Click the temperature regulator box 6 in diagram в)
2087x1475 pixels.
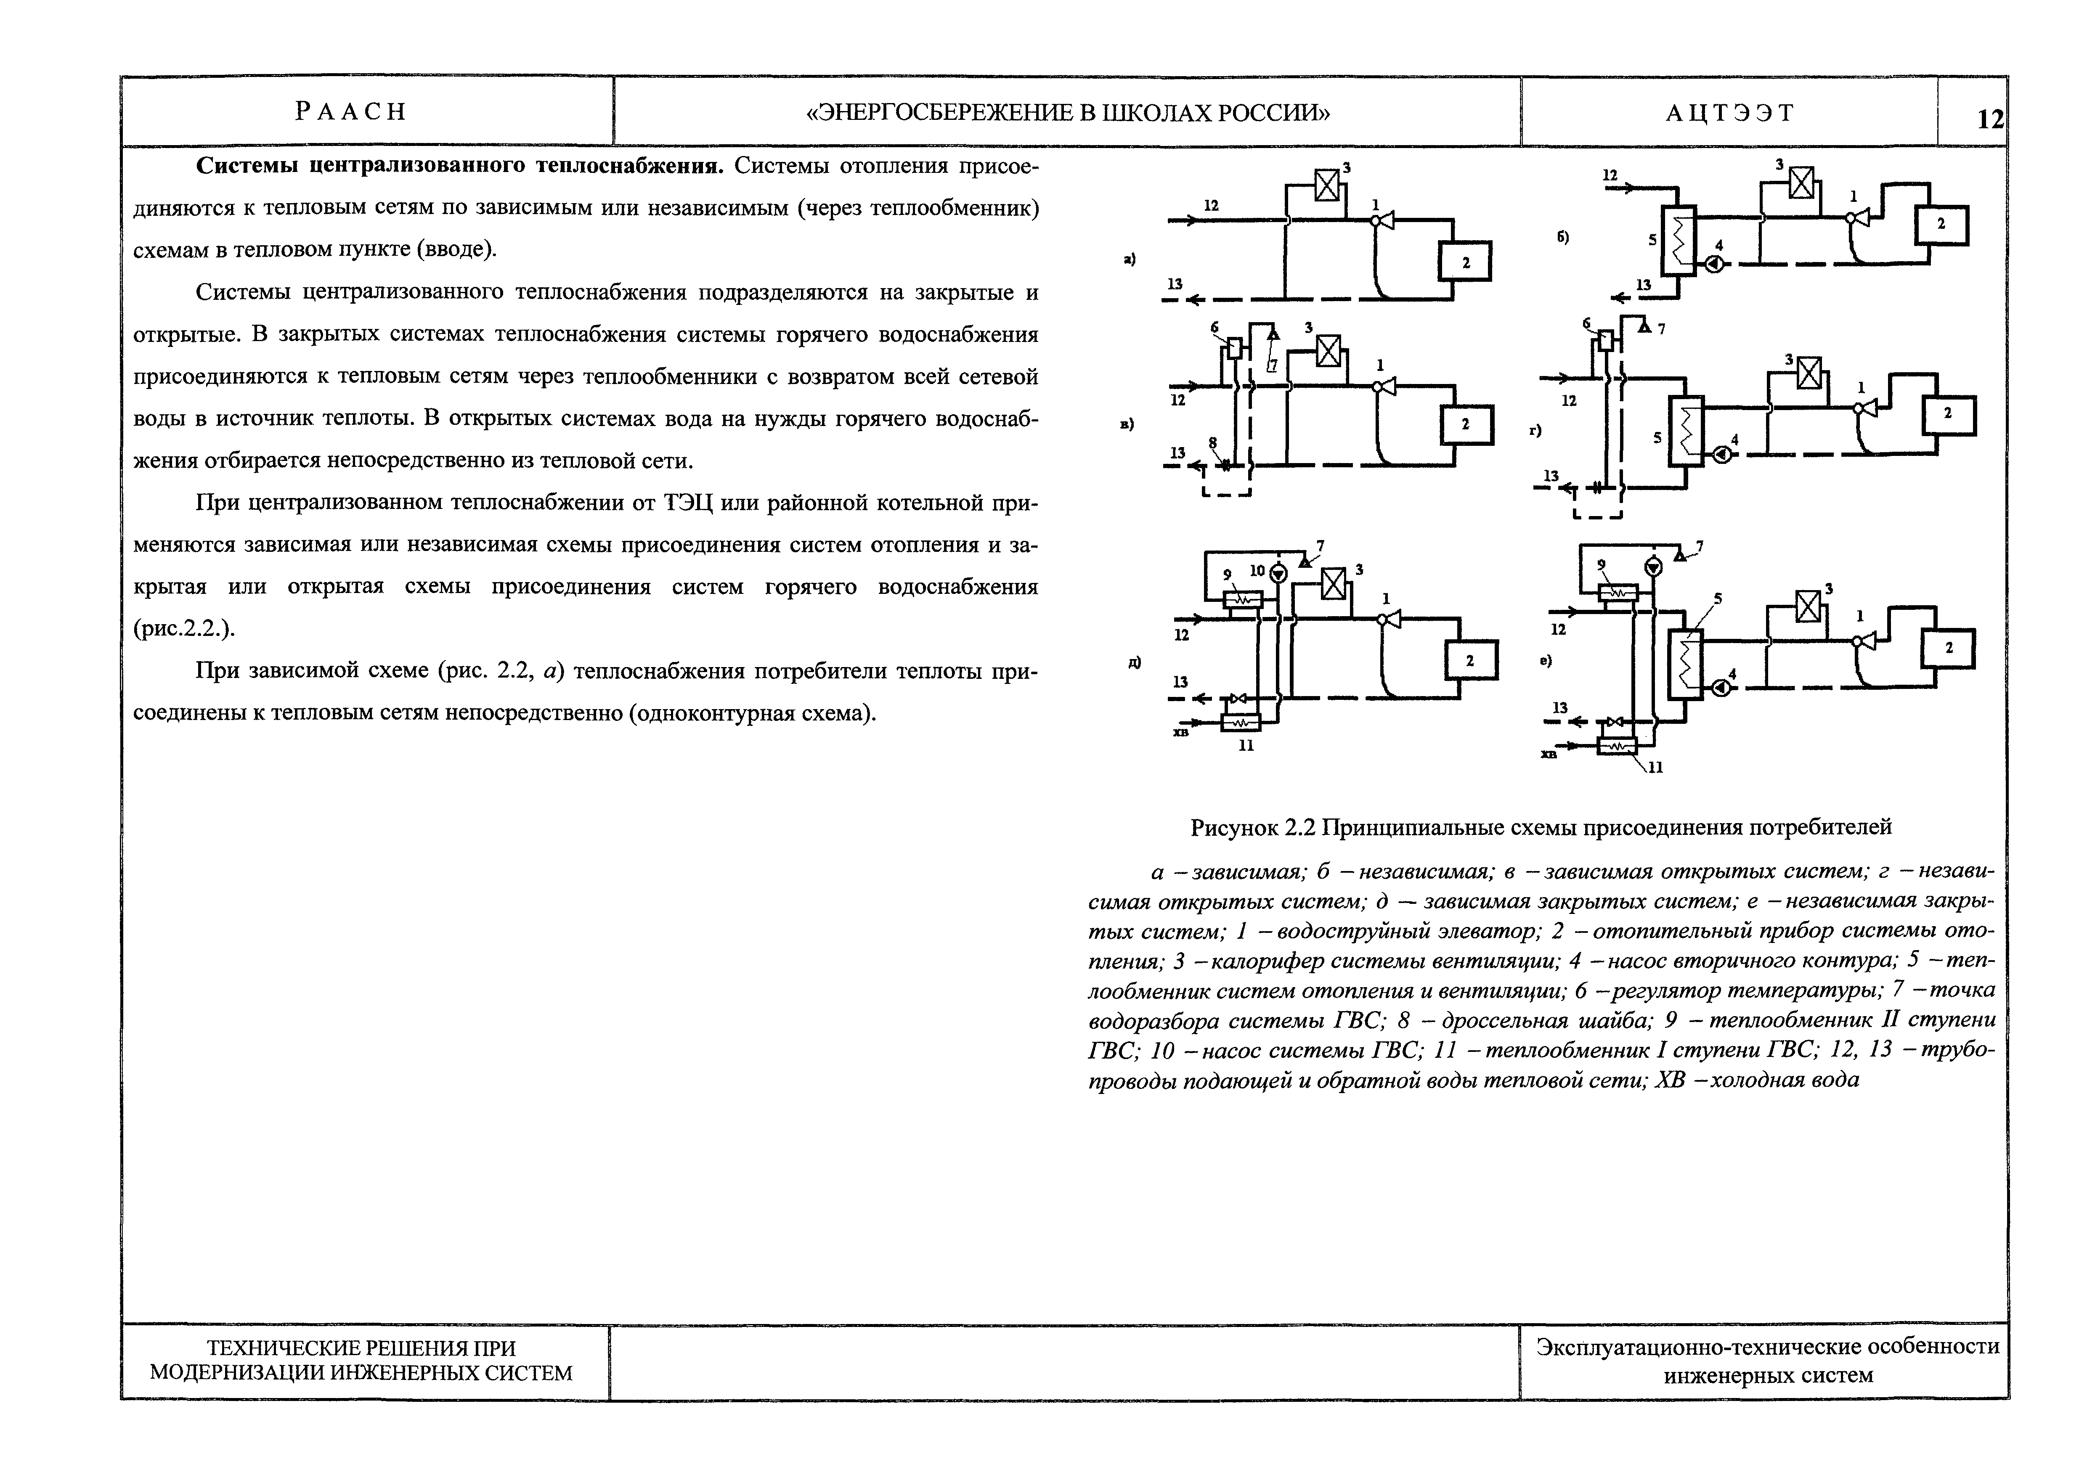click(1233, 348)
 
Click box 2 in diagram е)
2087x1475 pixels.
click(1948, 648)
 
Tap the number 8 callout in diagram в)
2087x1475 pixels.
click(1212, 442)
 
